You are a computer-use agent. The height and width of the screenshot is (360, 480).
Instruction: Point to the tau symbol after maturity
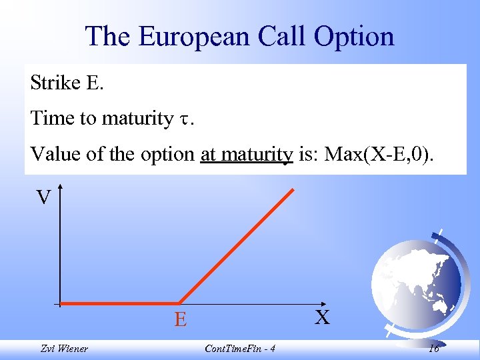point(184,120)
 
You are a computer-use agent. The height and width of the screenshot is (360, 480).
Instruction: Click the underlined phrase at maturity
point(247,155)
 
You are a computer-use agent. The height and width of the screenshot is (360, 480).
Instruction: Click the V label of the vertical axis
point(43,197)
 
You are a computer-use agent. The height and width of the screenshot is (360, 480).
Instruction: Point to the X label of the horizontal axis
point(323,317)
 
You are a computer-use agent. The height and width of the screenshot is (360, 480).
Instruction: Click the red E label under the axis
point(181,321)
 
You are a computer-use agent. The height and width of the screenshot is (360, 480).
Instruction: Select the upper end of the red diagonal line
point(293,189)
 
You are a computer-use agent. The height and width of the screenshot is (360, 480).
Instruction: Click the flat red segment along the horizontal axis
point(120,304)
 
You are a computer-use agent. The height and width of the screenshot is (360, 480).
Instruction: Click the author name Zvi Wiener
point(63,349)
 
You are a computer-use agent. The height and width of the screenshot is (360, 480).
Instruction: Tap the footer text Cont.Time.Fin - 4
point(242,349)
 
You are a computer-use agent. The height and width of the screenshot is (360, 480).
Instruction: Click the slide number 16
point(434,349)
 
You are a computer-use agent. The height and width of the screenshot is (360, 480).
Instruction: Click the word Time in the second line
point(53,119)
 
